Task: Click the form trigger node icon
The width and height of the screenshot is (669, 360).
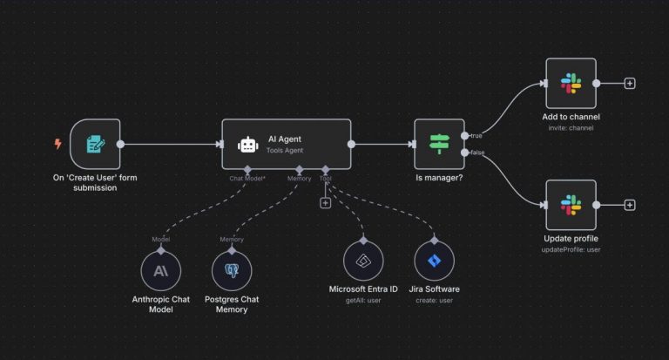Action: coord(94,144)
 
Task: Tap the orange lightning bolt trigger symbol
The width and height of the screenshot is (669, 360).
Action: coord(58,144)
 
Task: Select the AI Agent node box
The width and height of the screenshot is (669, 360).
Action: coord(287,144)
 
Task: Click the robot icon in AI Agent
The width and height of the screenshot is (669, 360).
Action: coord(248,145)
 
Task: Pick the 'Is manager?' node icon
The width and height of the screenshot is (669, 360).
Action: coord(438,144)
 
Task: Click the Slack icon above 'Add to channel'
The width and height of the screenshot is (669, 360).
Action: coord(571,84)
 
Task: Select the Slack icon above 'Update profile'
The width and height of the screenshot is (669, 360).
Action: coord(571,205)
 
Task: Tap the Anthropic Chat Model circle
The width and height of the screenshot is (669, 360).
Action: coord(161,271)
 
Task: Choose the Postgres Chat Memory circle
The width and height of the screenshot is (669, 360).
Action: coord(232,271)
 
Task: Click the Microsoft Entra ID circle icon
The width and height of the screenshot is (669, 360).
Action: coord(363,261)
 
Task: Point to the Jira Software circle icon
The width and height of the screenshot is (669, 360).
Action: coord(434,261)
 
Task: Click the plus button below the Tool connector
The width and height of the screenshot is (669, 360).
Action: coord(326,203)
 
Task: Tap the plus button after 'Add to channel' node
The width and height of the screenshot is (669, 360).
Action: coord(630,84)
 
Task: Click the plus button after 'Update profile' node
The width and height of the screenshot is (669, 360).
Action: coord(630,205)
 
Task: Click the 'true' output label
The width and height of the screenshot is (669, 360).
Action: coord(476,135)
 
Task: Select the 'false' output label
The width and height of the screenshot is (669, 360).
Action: coord(477,153)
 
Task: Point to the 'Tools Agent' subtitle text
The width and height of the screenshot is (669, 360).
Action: coord(286,151)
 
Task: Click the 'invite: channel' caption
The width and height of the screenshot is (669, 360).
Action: coord(571,127)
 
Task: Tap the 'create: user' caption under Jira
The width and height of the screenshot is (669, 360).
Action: coord(434,300)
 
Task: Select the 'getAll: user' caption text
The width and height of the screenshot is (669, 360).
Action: coord(363,300)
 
